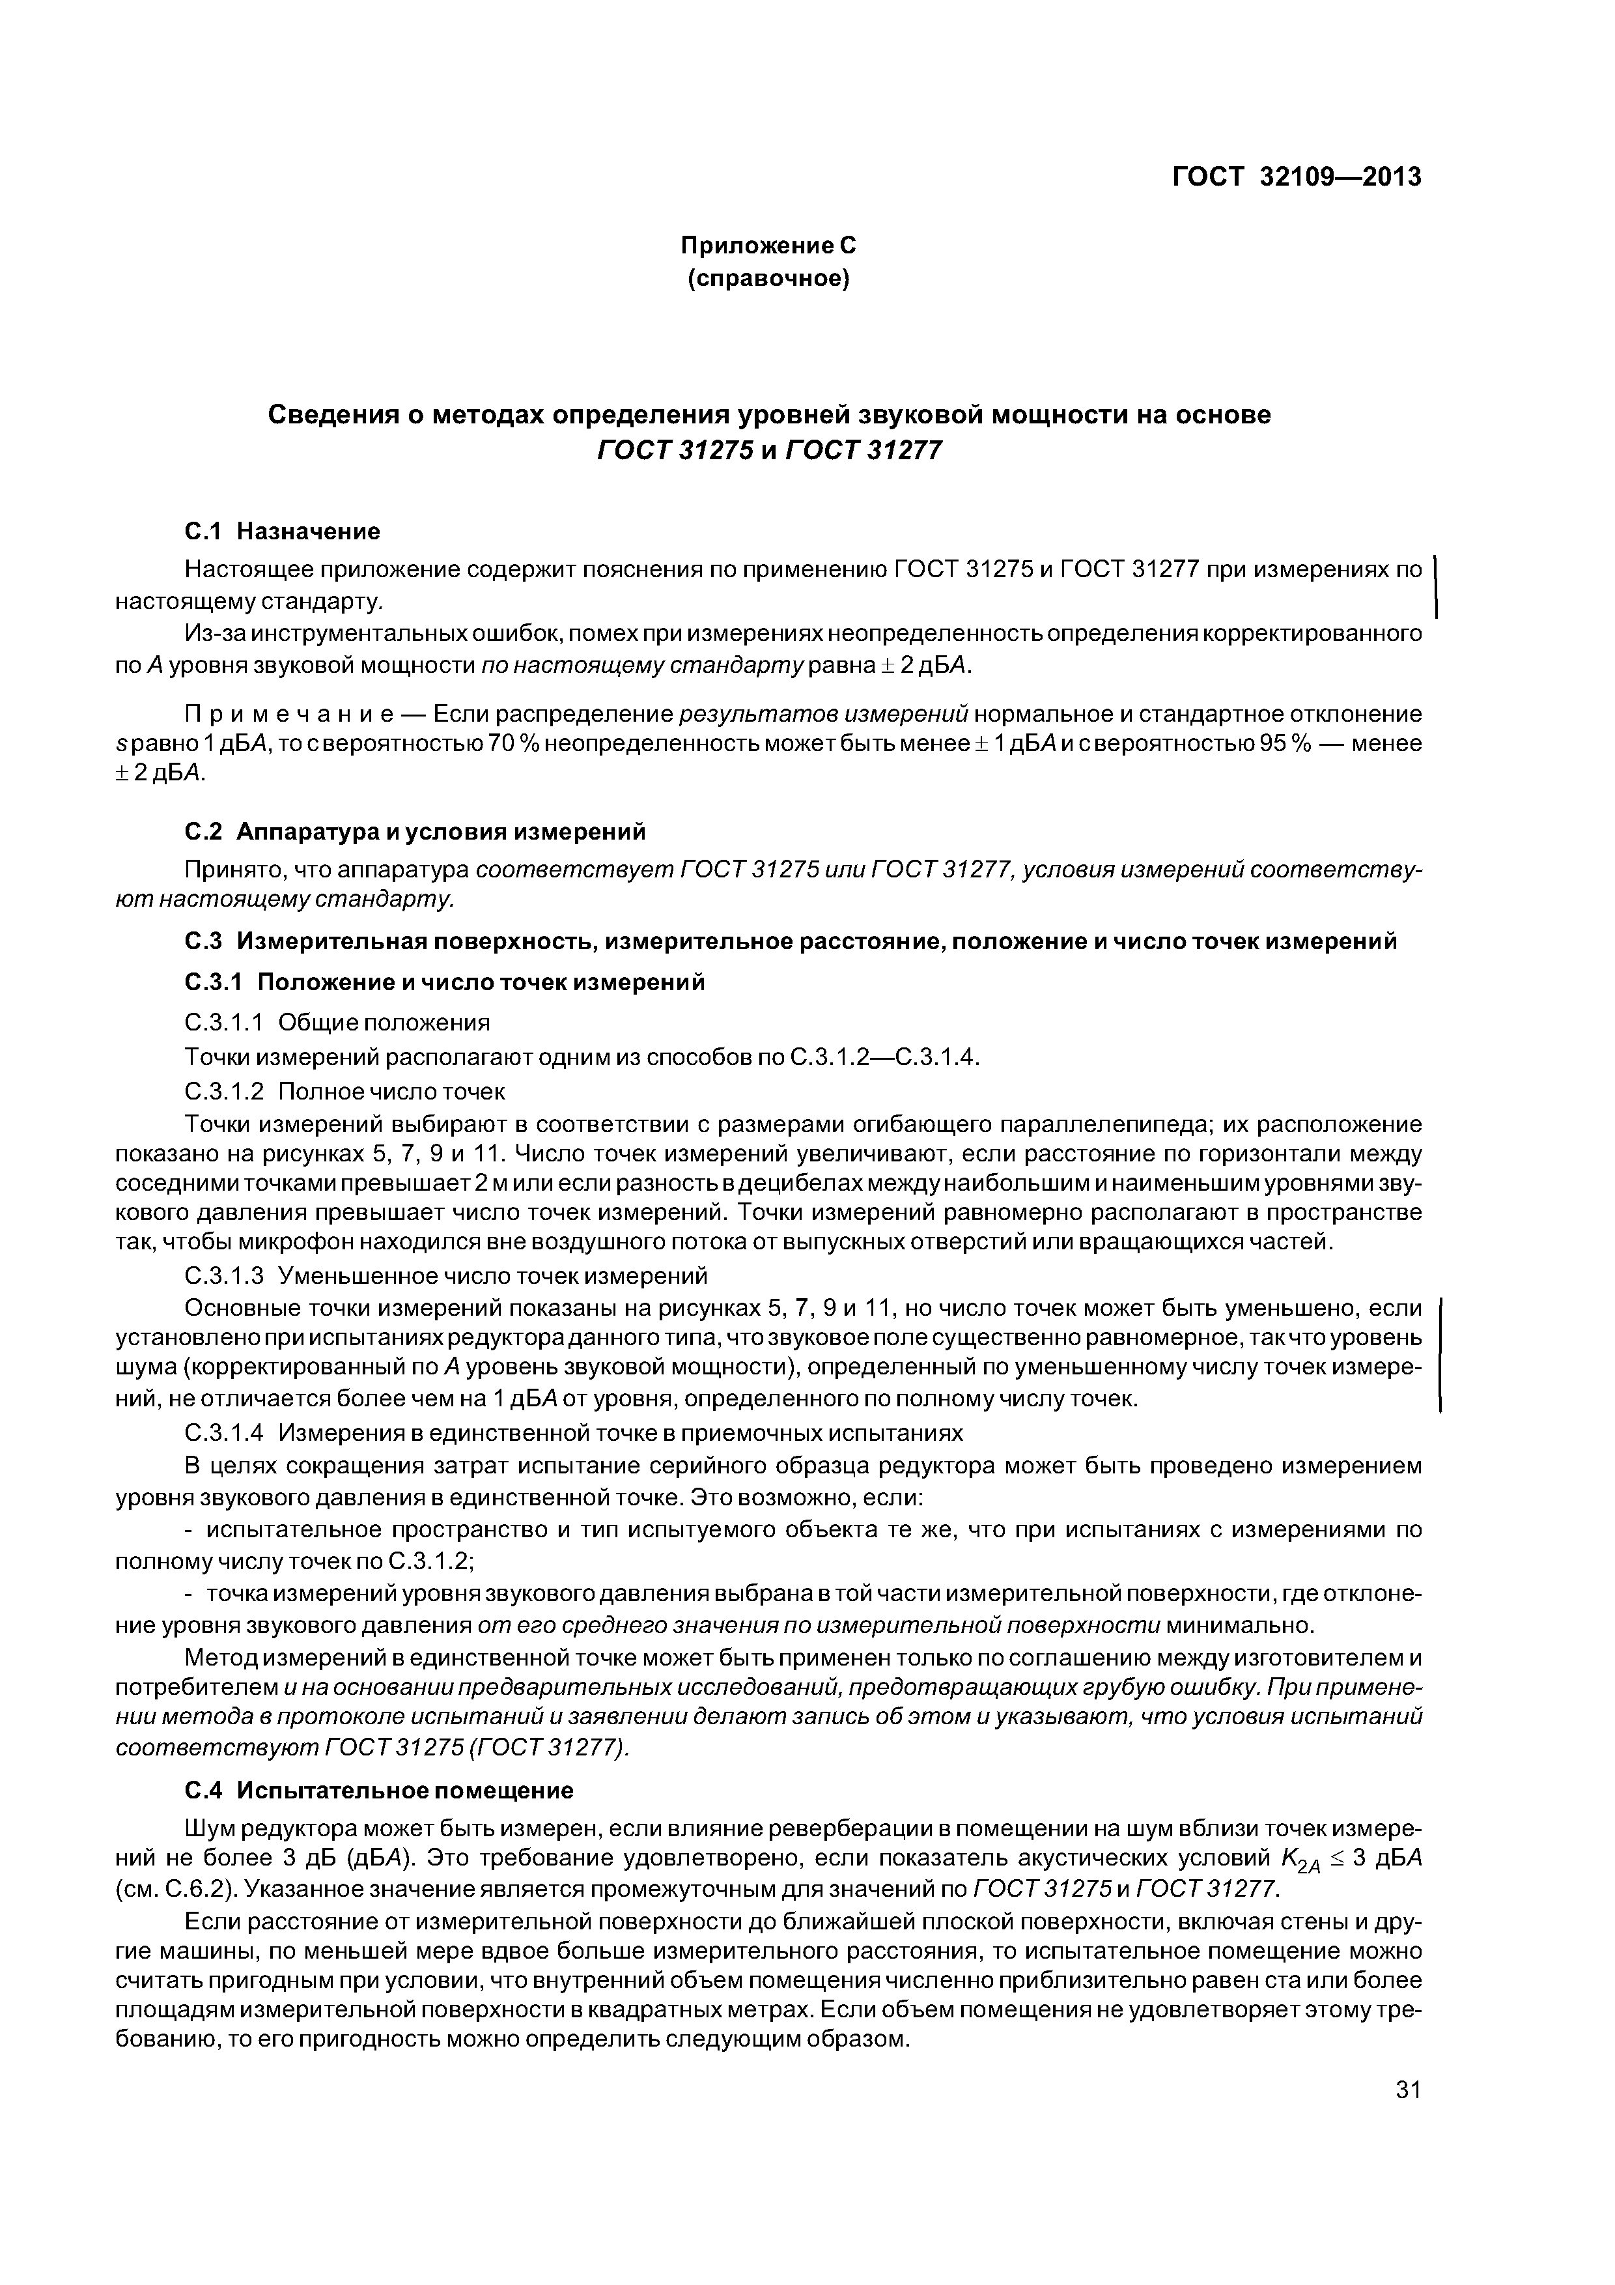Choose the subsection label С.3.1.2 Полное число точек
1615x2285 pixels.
pyautogui.click(x=344, y=1092)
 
